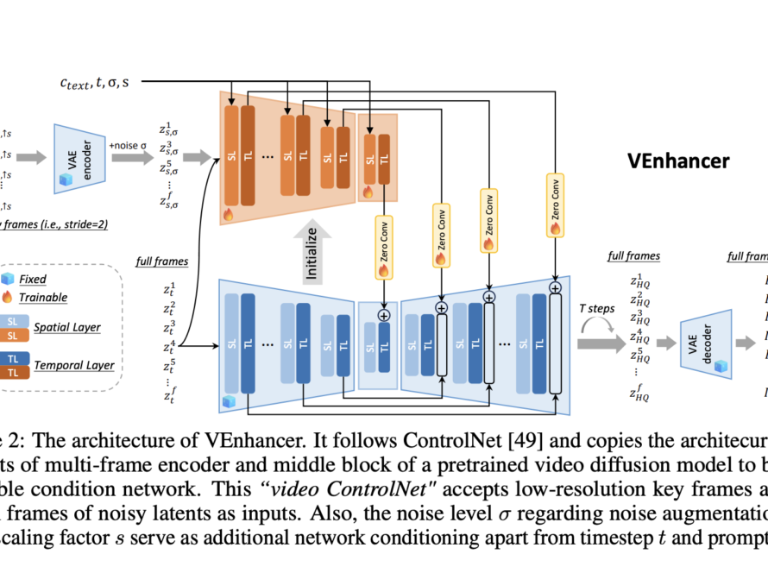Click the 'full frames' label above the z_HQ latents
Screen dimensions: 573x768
(633, 255)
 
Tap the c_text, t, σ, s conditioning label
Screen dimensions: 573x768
(95, 83)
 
